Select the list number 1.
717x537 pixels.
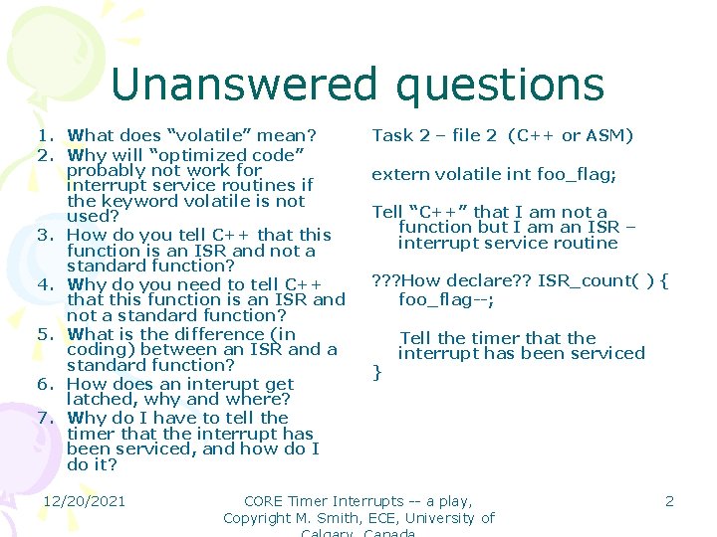coord(45,135)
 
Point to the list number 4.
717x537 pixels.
coord(45,284)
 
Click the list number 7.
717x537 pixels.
coord(45,419)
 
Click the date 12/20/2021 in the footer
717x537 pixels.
coord(84,501)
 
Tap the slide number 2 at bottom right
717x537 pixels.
coord(669,501)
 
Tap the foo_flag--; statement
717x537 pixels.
coord(446,299)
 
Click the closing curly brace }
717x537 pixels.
coord(376,372)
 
